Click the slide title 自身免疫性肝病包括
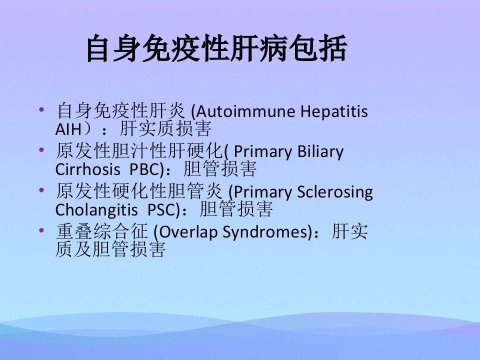[216, 48]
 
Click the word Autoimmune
[245, 111]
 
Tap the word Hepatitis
[334, 112]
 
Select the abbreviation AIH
[68, 129]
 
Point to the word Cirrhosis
[87, 169]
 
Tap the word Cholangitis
[96, 210]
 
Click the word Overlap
[187, 232]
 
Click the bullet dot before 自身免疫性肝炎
[41, 109]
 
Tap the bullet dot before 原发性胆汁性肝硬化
[41, 149]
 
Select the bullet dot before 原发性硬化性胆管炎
[41, 190]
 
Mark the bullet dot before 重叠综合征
[41, 230]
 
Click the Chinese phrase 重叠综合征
[102, 231]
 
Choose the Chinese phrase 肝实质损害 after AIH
[165, 128]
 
